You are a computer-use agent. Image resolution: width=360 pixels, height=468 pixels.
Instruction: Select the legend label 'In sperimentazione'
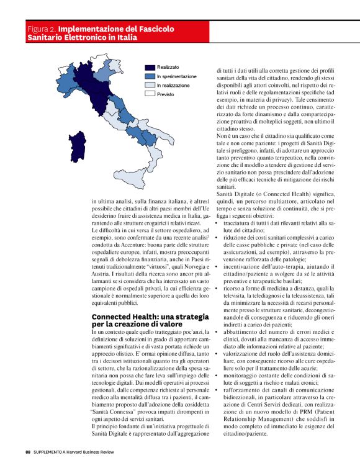[176, 76]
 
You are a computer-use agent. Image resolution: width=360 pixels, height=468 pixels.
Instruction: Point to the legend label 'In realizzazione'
[174, 85]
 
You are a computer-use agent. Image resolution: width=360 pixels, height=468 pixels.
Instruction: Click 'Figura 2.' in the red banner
[42, 29]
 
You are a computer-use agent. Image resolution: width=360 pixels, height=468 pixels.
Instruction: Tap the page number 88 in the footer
[28, 451]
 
